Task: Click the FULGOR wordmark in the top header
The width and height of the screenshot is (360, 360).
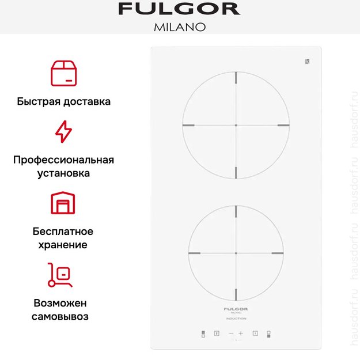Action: pyautogui.click(x=179, y=9)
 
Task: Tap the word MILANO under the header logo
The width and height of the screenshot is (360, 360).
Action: pyautogui.click(x=179, y=27)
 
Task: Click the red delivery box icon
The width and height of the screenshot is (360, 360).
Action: pyautogui.click(x=63, y=72)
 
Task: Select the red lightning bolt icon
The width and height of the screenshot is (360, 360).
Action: pyautogui.click(x=63, y=131)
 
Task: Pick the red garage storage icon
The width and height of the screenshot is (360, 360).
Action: pyautogui.click(x=63, y=203)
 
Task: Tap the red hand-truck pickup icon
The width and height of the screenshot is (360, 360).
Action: pyautogui.click(x=60, y=275)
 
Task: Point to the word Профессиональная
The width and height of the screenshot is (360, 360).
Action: pyautogui.click(x=63, y=160)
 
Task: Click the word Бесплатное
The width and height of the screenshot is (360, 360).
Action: pyautogui.click(x=63, y=231)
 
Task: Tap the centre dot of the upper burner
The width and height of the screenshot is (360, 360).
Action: pyautogui.click(x=236, y=125)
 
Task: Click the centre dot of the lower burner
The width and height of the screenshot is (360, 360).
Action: pyautogui.click(x=236, y=253)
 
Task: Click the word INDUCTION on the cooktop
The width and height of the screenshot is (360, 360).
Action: pyautogui.click(x=236, y=319)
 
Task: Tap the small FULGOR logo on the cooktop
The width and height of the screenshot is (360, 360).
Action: pyautogui.click(x=236, y=309)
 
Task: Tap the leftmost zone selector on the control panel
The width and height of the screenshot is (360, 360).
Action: pyautogui.click(x=203, y=334)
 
